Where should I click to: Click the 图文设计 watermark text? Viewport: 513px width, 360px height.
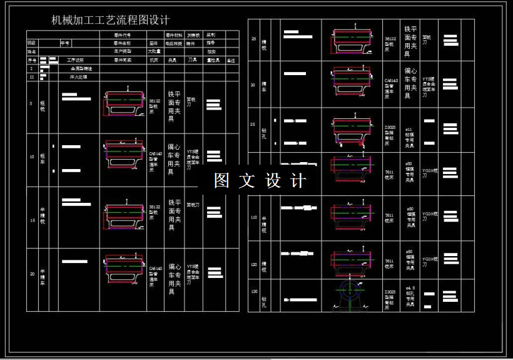pos(260,181)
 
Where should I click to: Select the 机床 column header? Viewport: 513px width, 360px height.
pos(153,61)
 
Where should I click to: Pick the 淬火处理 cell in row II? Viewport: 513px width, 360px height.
pos(78,77)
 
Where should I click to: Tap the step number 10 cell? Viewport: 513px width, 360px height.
pos(32,157)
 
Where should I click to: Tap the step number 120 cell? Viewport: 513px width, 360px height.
pos(254,265)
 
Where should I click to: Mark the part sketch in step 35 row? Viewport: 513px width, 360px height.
pos(352,131)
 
